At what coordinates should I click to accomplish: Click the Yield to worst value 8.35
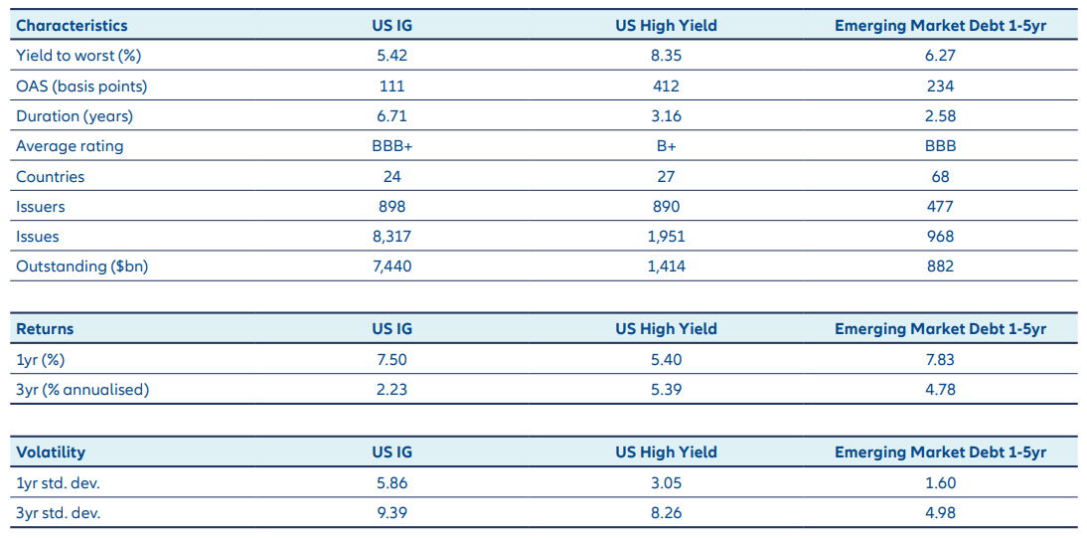tap(666, 56)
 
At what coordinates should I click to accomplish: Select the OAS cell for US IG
tap(391, 87)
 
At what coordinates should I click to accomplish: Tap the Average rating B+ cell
tap(666, 146)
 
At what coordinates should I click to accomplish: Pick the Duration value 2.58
tap(940, 116)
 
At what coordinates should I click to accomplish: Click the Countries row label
tap(51, 177)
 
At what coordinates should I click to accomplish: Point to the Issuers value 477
tap(940, 207)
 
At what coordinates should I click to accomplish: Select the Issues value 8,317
tap(391, 237)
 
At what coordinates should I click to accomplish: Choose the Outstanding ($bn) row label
tap(81, 267)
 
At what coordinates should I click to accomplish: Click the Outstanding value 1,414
tap(666, 267)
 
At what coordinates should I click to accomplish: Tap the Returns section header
tap(45, 329)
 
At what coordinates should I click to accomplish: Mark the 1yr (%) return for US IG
tap(391, 359)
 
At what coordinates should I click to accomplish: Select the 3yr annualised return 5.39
tap(666, 389)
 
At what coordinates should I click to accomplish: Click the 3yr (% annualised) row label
tap(82, 389)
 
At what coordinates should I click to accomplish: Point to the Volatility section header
tap(51, 452)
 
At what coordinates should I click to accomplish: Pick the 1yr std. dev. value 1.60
tap(940, 483)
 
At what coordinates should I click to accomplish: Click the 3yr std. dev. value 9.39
tap(391, 513)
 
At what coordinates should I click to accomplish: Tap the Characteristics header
tap(72, 26)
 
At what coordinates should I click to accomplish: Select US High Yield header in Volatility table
tap(666, 452)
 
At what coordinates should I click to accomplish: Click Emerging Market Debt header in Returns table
tap(940, 329)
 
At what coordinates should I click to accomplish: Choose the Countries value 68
tap(940, 177)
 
